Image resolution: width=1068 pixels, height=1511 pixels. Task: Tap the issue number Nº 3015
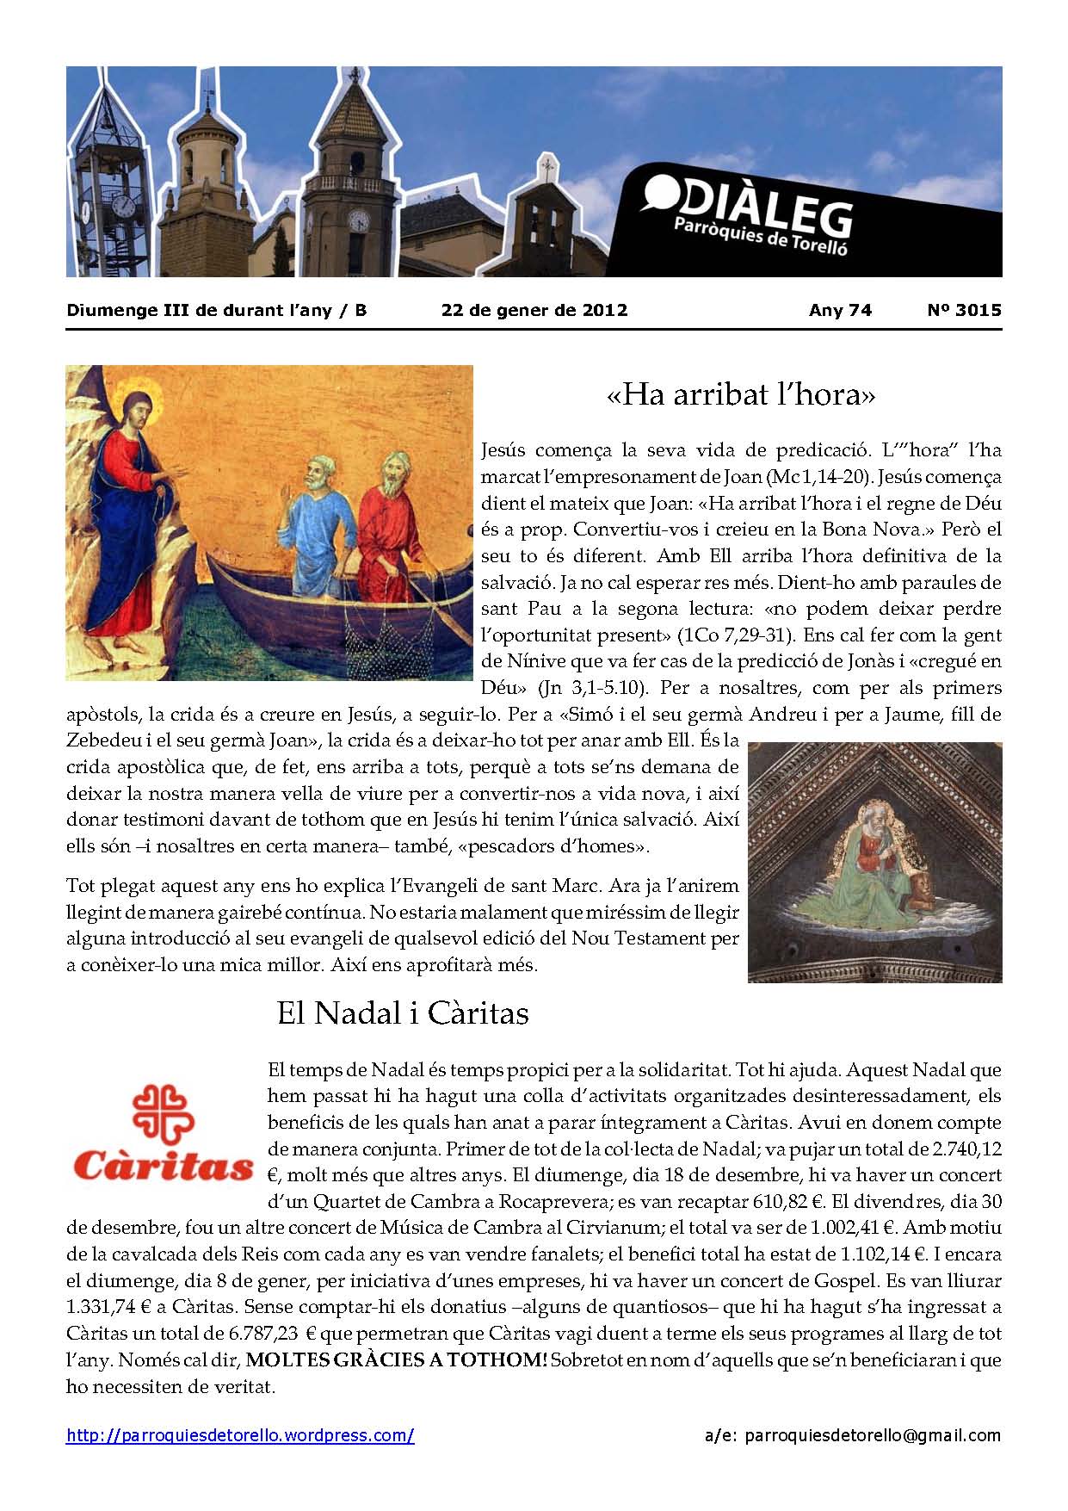[x=964, y=310]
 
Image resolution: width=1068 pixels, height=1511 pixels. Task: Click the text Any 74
[x=840, y=310]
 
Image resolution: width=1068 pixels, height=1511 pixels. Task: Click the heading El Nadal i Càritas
[x=402, y=1012]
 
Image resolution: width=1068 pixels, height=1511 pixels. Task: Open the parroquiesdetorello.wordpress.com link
[x=240, y=1435]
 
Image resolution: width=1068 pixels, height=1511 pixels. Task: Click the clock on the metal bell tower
[x=124, y=206]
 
